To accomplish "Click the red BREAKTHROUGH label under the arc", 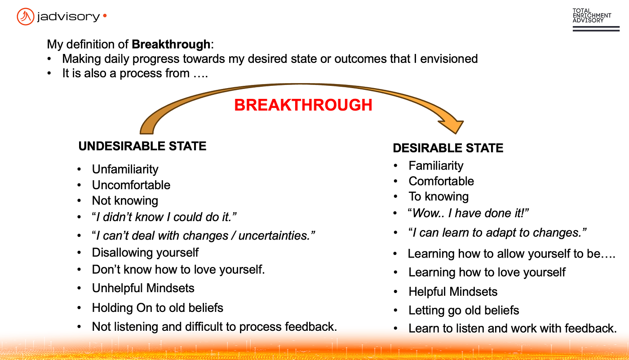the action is coord(303,105).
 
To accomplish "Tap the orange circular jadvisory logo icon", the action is coord(26,17).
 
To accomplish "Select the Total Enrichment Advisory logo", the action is coord(596,20).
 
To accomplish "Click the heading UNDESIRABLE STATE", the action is coord(142,147).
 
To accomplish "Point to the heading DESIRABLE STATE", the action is coord(448,148).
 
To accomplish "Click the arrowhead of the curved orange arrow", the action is coord(453,126).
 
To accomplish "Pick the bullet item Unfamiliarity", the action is coord(125,169).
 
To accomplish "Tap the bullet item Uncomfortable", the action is coord(131,185).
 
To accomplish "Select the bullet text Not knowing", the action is coord(125,201).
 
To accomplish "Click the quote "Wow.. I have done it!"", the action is coord(468,213).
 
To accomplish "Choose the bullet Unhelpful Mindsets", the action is coord(143,288).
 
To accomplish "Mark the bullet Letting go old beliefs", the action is coord(464,310).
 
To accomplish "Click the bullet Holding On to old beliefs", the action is coord(158,308).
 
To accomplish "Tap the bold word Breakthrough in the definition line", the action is coord(171,44).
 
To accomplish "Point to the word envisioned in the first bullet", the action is coord(449,59).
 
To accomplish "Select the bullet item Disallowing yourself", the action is coord(145,253).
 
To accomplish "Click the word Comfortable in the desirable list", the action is coord(441,181).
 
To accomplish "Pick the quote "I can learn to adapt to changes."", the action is coord(497,232).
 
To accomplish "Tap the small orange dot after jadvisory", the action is coord(105,16).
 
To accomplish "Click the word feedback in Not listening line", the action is coord(310,327).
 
